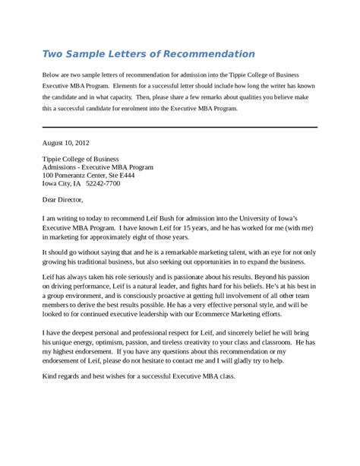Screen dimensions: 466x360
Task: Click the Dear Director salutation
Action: tap(66, 200)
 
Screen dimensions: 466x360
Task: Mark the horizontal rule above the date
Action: tap(180, 126)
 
